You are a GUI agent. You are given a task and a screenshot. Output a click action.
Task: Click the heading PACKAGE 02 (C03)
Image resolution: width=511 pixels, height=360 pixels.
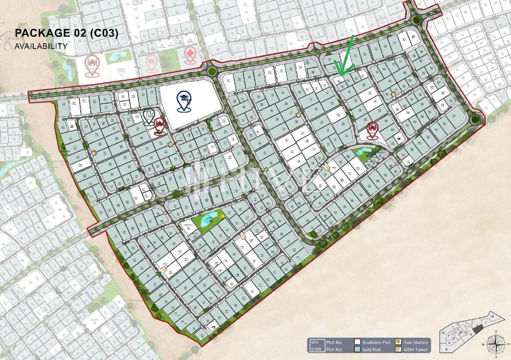coord(66,33)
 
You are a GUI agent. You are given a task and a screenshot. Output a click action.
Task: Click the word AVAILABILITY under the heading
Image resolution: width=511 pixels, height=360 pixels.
coord(41,46)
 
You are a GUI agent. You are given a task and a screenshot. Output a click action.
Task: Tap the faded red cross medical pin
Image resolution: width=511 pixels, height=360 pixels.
coord(190,54)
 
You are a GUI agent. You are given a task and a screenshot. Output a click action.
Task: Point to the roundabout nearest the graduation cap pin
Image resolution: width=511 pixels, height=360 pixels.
coord(212,71)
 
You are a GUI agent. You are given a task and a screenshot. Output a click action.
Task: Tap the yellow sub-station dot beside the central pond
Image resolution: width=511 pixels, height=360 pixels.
coord(222,216)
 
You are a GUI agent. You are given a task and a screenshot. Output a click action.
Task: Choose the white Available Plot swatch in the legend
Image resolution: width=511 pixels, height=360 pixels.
coord(358,342)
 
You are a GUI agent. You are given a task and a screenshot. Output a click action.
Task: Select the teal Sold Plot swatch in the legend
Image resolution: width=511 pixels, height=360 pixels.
coord(358,350)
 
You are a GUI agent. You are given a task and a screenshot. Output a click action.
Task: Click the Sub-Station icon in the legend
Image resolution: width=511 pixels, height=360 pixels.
coord(398,342)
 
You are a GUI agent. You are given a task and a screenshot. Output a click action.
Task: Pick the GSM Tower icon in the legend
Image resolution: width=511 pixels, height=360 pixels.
coord(398,350)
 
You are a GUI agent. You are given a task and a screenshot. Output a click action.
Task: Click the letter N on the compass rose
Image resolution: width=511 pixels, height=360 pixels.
coord(495,331)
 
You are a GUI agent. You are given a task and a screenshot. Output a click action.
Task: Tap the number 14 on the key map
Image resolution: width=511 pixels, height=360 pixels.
coord(492,316)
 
